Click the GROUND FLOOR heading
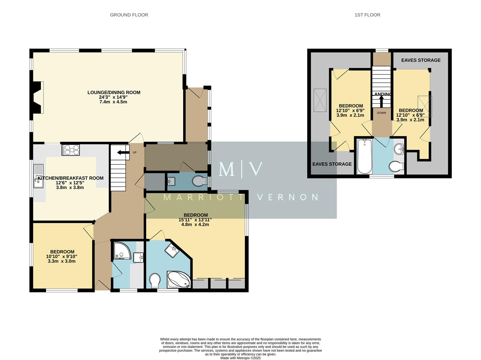[x=129, y=15]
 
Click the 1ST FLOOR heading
[x=367, y=15]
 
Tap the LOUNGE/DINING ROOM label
[x=114, y=92]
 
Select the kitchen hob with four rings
[x=71, y=150]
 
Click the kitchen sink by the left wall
[x=38, y=180]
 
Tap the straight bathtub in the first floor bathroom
[x=364, y=156]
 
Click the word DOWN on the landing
[x=381, y=113]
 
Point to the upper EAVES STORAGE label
[x=421, y=60]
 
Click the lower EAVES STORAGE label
[x=332, y=164]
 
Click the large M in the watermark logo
[x=227, y=169]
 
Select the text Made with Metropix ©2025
[x=240, y=358]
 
